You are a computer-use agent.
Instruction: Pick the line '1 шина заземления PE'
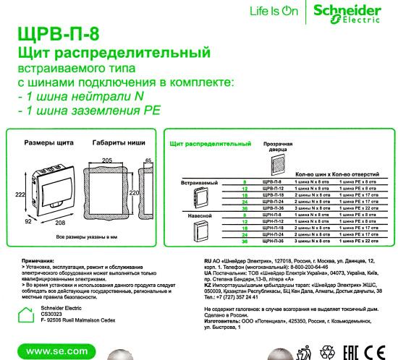(89, 111)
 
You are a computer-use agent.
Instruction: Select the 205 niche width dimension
(107, 159)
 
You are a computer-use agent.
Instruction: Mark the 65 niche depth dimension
(148, 160)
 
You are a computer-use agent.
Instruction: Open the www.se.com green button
(47, 351)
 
